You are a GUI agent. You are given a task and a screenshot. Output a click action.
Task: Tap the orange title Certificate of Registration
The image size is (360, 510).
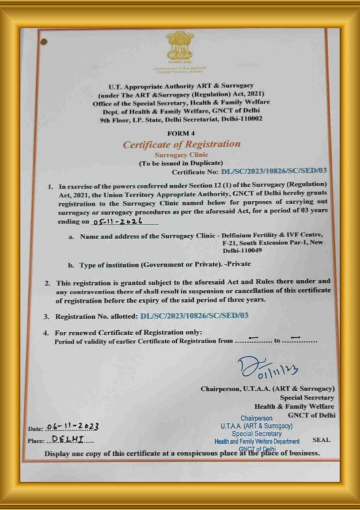pos(181,144)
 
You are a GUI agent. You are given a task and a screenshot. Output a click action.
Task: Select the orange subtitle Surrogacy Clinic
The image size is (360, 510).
pos(181,155)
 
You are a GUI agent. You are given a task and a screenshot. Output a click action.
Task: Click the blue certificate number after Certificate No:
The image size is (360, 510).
pos(273,172)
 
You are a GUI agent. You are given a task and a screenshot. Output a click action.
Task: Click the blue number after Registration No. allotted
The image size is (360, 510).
pos(194,316)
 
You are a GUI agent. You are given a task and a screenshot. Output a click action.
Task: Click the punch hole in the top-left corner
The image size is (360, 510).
pos(43,41)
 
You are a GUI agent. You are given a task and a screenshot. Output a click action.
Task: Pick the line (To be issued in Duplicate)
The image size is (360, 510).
pos(181,163)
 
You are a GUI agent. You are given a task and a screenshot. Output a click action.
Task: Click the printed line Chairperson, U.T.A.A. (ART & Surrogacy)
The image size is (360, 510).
pos(267,388)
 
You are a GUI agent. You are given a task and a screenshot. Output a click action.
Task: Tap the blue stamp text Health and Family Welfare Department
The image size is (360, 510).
pos(257,441)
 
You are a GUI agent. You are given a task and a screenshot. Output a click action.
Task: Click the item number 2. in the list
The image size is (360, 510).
pos(46,282)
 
